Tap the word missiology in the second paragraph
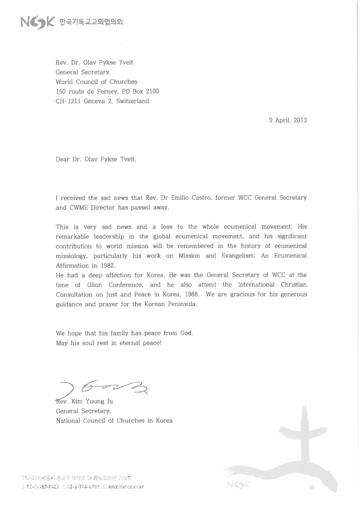click(74, 255)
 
